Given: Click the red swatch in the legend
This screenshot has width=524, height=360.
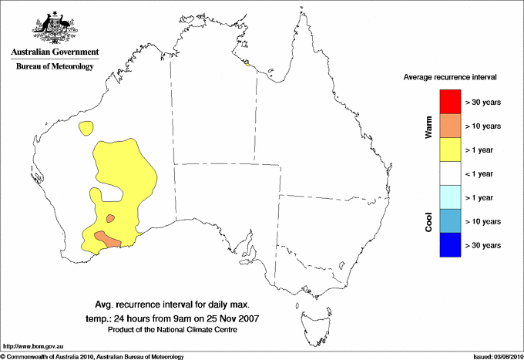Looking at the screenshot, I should [x=449, y=101].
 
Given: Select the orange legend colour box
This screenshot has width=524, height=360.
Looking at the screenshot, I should [x=449, y=125].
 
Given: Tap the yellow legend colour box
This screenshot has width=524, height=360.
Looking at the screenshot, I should [x=449, y=149].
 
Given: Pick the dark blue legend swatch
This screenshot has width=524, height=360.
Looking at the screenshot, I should [x=449, y=244].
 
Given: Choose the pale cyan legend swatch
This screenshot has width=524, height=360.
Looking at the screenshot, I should [x=449, y=197].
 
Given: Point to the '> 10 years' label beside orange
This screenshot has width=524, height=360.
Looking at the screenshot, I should [x=484, y=126].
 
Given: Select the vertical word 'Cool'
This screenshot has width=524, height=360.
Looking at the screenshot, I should [x=428, y=221].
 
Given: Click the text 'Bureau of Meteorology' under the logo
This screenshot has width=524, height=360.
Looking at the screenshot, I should [x=55, y=66].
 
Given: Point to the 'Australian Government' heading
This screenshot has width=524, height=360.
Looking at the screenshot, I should [x=55, y=52].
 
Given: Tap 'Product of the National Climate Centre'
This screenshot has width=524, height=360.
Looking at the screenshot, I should [x=172, y=329].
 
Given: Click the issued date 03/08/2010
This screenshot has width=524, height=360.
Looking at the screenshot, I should [x=506, y=356].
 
